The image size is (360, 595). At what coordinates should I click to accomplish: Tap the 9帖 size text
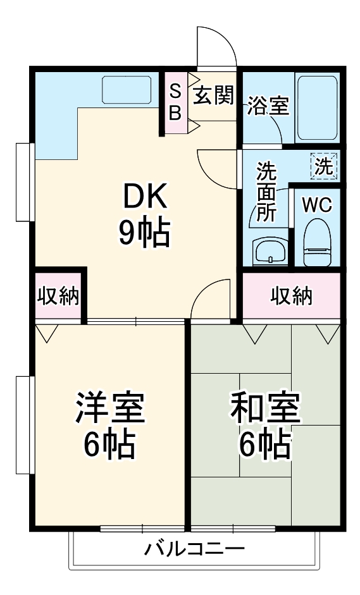tap(145, 234)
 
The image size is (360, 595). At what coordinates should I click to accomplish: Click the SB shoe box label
tap(177, 103)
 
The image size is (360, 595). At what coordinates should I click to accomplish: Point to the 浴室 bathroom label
tap(268, 106)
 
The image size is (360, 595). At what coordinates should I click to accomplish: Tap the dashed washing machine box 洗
tap(325, 167)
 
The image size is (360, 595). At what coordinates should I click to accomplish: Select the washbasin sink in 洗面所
tap(270, 252)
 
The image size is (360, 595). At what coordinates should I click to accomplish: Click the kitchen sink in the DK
tap(127, 90)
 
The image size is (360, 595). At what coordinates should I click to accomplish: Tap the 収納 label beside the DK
tap(58, 296)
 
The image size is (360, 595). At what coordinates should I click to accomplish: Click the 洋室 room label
tap(110, 408)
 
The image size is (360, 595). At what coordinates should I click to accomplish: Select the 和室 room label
tap(264, 408)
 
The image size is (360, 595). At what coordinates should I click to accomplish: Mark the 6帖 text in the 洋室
tap(110, 445)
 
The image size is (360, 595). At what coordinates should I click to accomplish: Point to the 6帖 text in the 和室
tap(264, 445)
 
